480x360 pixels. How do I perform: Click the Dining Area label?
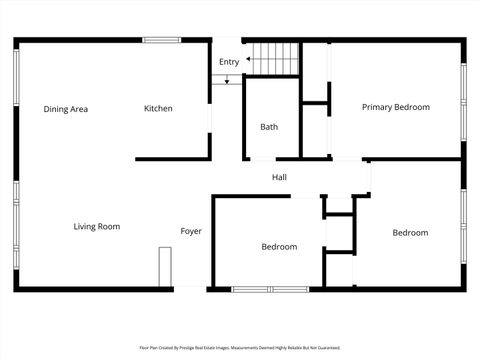[65, 109]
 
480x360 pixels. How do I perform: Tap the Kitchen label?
[158, 109]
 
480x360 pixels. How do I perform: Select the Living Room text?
[96, 227]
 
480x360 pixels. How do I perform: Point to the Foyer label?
[190, 232]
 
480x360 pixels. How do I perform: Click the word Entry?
[229, 62]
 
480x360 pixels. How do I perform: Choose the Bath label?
[269, 127]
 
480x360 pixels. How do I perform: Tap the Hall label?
[279, 178]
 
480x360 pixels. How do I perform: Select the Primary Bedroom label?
[395, 107]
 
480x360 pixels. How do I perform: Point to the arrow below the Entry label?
[228, 79]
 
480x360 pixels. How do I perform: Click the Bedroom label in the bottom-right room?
[409, 233]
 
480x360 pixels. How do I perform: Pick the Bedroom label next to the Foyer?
[279, 247]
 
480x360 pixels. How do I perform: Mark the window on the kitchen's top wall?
[162, 40]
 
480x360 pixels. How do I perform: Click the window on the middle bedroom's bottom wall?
[267, 290]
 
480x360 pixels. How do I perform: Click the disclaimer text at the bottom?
[240, 348]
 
